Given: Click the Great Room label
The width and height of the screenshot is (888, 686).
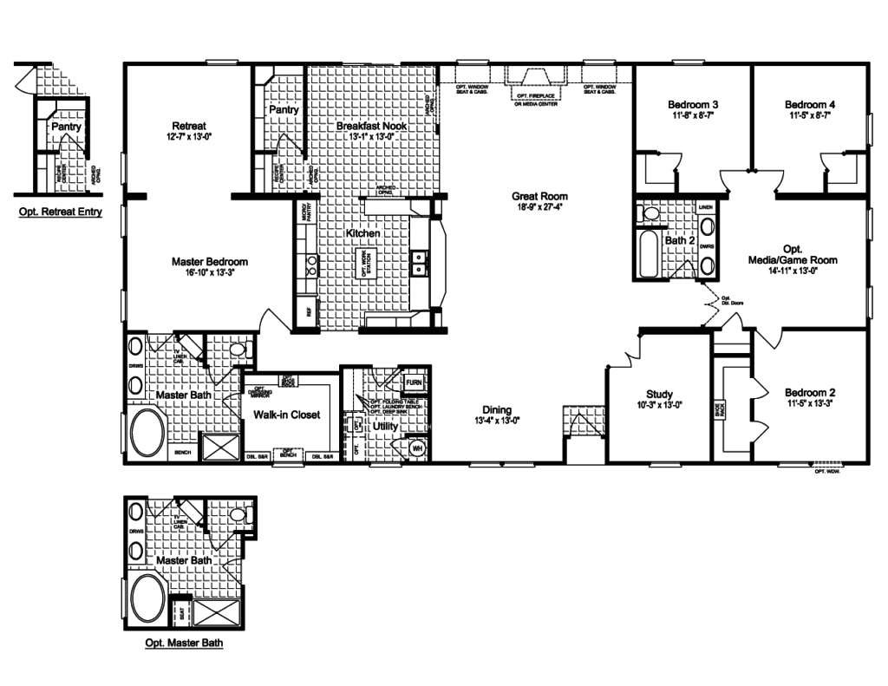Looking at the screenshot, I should (539, 196).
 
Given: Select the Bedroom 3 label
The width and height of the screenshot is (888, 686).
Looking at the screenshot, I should (692, 104).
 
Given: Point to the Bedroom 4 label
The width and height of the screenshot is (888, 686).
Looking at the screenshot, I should (810, 104).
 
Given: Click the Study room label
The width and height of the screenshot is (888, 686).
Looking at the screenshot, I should (660, 395).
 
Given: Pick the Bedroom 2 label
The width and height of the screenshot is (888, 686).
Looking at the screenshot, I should (810, 391).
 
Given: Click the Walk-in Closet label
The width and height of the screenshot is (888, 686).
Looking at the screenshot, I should (287, 415).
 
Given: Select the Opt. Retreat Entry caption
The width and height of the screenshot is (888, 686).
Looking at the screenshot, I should (60, 211).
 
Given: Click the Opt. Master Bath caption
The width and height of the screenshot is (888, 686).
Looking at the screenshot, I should (189, 644).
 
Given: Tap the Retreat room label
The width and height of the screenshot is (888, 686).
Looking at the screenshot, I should (188, 125).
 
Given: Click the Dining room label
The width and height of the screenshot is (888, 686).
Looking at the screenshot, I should (497, 410).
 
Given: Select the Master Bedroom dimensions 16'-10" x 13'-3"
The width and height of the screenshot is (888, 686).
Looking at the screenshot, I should (210, 272).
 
